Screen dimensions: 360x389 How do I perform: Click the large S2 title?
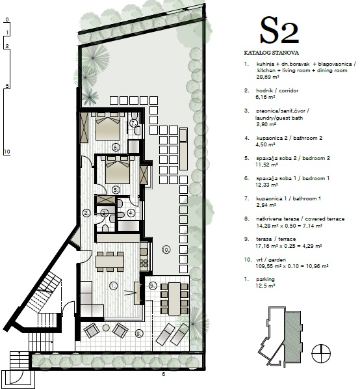pos(279,31)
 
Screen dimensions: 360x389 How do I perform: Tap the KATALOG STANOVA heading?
pos(272,53)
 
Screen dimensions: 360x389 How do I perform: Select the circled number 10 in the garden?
pos(166,249)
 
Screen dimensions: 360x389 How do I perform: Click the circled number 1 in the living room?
pos(114,286)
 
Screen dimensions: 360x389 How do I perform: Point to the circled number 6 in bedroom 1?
pos(116,148)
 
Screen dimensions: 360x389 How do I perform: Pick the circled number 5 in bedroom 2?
pos(116,190)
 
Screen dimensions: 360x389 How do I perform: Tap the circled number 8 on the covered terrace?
pos(139,334)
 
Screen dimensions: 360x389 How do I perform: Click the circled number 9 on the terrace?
pos(153,286)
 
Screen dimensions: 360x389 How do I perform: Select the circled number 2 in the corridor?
pos(86,213)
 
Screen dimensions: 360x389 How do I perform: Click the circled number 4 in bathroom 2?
pos(131,213)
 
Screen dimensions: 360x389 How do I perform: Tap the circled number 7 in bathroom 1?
pos(133,124)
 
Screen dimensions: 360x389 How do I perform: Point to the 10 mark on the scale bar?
pos(7,152)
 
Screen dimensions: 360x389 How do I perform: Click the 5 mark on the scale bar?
pos(7,86)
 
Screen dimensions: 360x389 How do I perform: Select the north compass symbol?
pos(321,353)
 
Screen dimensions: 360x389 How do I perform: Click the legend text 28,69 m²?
pos(268,77)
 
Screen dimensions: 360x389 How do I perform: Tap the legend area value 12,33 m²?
pos(266,185)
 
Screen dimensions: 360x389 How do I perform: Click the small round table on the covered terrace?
pos(106,328)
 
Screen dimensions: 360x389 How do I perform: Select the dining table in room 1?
pos(110,262)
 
